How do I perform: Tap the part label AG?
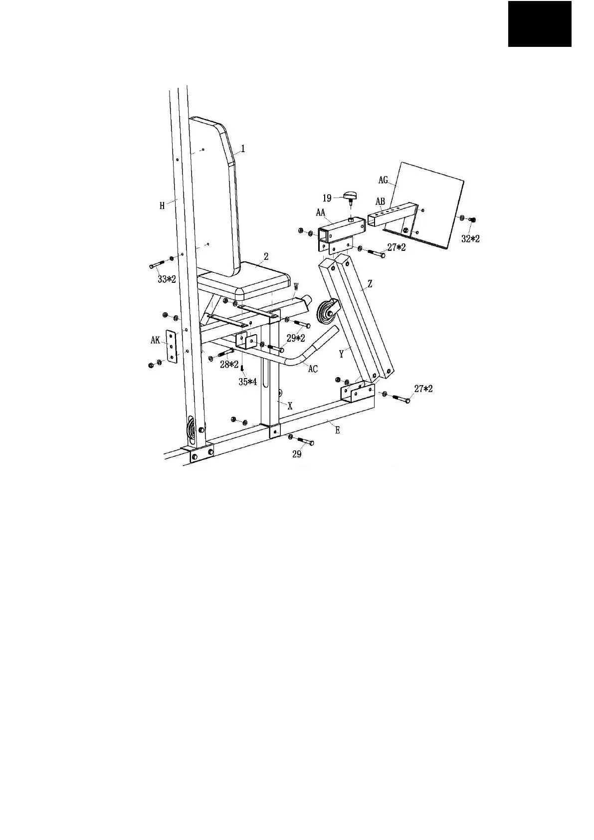tap(383, 180)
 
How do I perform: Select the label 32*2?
tap(470, 239)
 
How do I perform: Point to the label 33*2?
tap(167, 279)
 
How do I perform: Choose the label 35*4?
tap(247, 382)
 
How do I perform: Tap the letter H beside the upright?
tap(162, 206)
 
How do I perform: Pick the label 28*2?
tap(229, 365)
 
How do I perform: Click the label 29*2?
tap(296, 338)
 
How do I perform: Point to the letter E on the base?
tap(338, 430)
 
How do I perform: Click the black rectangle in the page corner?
tap(540, 23)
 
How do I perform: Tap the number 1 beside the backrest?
tap(243, 148)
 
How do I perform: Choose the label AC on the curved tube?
tap(313, 369)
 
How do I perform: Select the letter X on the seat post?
tap(290, 407)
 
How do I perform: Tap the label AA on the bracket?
tap(321, 212)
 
